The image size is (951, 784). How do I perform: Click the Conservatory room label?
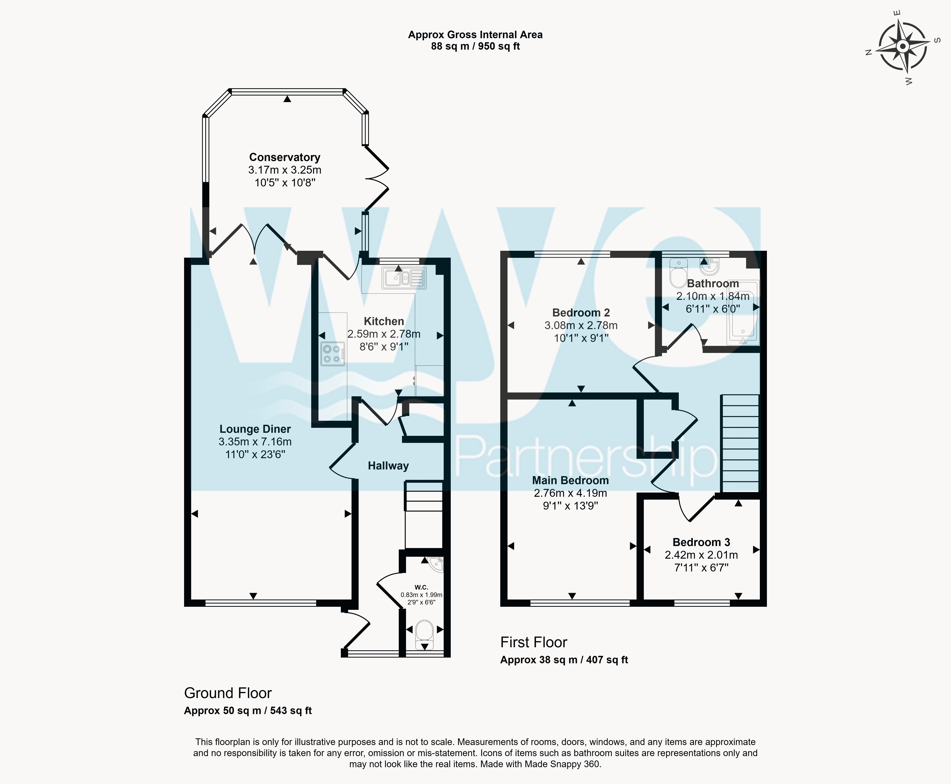click(x=285, y=157)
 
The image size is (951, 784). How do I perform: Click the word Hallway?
click(x=388, y=466)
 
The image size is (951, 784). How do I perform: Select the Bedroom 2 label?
click(x=581, y=312)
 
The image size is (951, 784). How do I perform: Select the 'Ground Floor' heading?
click(x=228, y=693)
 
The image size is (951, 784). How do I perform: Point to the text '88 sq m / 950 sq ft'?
click(x=476, y=46)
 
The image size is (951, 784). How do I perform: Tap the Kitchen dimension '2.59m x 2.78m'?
click(x=384, y=334)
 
